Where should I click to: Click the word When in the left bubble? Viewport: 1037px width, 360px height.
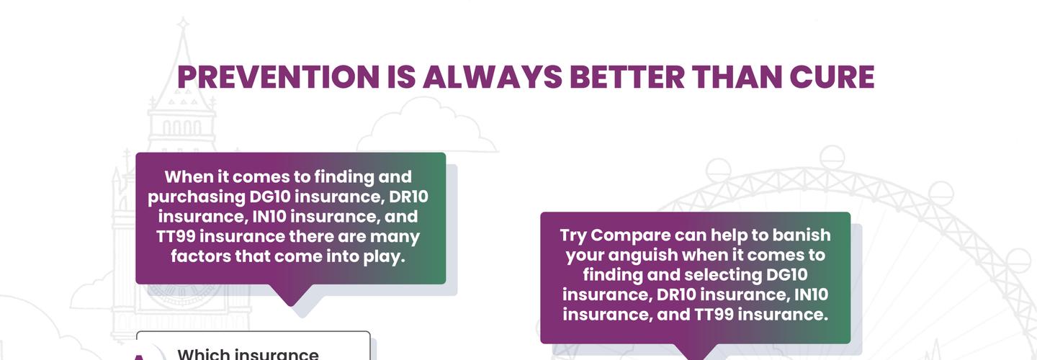pos(186,177)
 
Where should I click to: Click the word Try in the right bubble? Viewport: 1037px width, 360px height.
pos(574,235)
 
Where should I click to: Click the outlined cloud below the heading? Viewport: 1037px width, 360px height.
pos(425,130)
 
